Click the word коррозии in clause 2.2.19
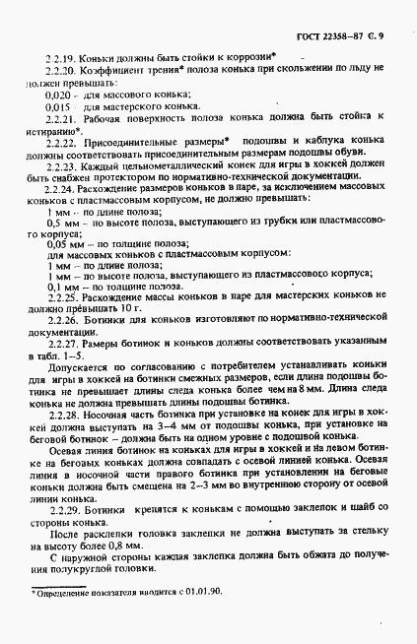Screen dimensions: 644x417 click(256, 55)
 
